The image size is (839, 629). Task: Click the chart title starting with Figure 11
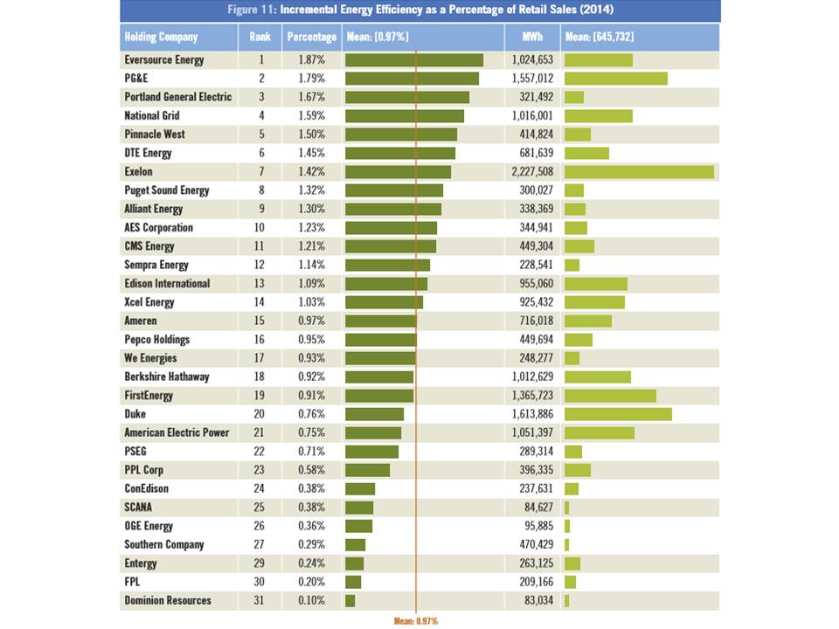[419, 10]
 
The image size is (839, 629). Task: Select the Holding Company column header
[162, 37]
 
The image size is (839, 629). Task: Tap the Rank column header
[260, 37]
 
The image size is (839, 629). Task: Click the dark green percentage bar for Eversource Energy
[414, 60]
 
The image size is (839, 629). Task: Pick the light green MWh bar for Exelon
[639, 172]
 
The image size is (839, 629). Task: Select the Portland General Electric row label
[178, 97]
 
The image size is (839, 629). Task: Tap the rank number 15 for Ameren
[260, 321]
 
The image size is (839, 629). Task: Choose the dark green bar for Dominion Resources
[350, 600]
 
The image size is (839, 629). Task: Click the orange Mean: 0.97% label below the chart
[416, 620]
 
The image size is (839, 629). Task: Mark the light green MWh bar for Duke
[618, 414]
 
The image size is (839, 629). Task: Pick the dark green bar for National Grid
[405, 116]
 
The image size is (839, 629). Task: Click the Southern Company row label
[164, 544]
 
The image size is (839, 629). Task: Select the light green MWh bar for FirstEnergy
[610, 396]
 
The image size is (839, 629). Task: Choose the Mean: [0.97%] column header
[378, 37]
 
